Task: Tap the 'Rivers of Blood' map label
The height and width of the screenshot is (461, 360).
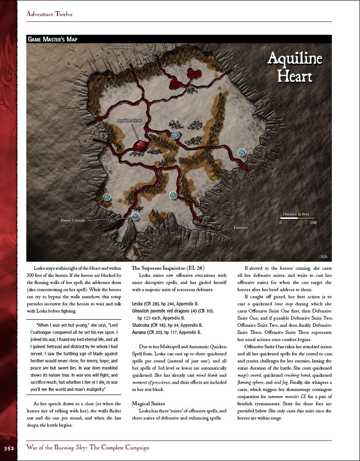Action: click(x=120, y=48)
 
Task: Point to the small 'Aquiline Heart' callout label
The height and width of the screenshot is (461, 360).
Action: click(x=129, y=120)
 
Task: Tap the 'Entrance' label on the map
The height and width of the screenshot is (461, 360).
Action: click(x=240, y=227)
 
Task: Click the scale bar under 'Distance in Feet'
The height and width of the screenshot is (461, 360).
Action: click(x=296, y=218)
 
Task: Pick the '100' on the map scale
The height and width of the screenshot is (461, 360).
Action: click(x=313, y=222)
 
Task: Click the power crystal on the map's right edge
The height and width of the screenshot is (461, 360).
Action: click(x=242, y=152)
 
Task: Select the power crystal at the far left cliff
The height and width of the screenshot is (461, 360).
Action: click(x=107, y=197)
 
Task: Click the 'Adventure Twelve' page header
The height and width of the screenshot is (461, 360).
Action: click(x=49, y=14)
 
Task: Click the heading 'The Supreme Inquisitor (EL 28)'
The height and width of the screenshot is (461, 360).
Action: click(x=168, y=268)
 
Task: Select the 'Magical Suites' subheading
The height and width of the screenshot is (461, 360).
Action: click(x=149, y=403)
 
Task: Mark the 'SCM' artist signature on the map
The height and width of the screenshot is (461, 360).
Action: click(x=323, y=256)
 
